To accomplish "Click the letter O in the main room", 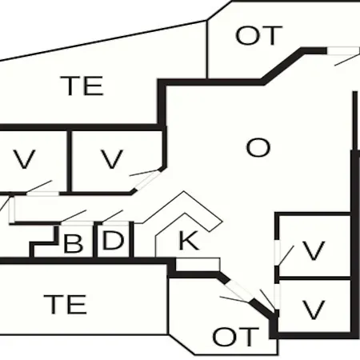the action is pos(258,148).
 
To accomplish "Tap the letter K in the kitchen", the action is pos(189,240).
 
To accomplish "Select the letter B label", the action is pos(73,243).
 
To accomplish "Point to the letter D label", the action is pos(113,241).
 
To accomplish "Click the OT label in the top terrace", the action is pos(258,35).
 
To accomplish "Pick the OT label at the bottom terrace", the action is pos(236,337).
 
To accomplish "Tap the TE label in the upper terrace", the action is pos(82,86).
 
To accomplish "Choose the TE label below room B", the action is pos(66,304).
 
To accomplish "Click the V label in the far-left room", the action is pos(25,159).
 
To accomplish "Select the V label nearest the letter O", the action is pos(112,159).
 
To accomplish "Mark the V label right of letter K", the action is pos(314,250).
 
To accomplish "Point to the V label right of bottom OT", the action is pos(314,310).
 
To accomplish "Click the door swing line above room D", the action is pos(112,216).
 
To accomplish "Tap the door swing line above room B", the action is pos(74,216).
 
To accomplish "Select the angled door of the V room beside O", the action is pos(146,180).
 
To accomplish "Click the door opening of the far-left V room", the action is pos(42,194).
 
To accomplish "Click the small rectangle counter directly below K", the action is pos(198,265).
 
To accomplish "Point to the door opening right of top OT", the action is pos(343,50).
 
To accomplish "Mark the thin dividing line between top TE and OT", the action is pos(207,49).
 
